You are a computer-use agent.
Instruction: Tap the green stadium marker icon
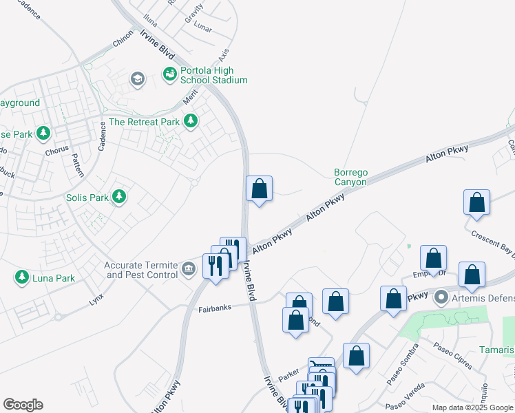click(169, 73)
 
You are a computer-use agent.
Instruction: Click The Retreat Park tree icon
click(191, 122)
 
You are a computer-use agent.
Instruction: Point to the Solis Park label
click(87, 198)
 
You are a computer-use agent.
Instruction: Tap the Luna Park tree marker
click(22, 278)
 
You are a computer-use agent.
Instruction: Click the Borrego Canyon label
click(350, 177)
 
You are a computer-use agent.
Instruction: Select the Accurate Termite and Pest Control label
click(140, 270)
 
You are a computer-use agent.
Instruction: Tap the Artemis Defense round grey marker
click(441, 298)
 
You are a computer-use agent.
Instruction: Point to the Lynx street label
click(96, 301)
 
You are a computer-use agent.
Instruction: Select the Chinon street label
click(123, 41)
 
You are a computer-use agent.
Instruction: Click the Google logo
click(23, 405)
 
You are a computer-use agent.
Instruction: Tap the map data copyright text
click(473, 407)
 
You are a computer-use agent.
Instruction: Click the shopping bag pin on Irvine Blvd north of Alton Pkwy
click(260, 188)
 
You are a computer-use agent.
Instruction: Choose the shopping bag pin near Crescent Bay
click(476, 202)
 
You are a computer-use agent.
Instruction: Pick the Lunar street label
click(202, 28)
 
